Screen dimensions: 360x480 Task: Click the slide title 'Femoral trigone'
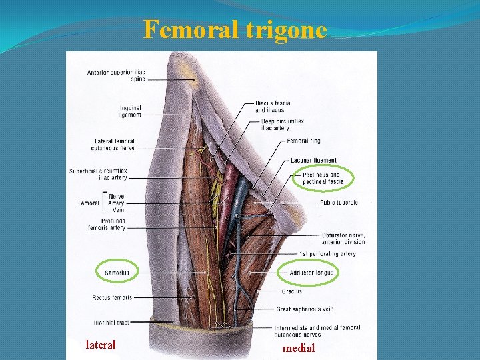(x=235, y=30)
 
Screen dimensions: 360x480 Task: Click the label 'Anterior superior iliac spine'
(x=116, y=75)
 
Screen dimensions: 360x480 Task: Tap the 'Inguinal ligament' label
(x=130, y=111)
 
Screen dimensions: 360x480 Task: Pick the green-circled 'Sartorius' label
(x=118, y=272)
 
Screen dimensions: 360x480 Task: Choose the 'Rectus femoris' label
(x=112, y=297)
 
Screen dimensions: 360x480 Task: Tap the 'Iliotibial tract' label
(x=111, y=323)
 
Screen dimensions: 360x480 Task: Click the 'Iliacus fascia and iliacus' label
(x=273, y=107)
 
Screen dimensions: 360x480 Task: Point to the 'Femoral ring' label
(x=303, y=141)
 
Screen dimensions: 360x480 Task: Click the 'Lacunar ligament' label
(x=313, y=161)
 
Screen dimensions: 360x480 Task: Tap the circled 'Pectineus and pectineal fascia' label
(x=323, y=178)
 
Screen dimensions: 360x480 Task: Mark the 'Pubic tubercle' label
(x=339, y=202)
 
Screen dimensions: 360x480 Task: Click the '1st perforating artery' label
(x=327, y=254)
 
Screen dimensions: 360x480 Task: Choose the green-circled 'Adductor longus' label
(x=311, y=272)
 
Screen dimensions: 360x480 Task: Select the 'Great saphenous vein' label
(x=305, y=309)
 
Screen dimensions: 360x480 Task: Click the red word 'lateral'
(x=101, y=345)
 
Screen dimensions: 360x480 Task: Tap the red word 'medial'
(x=299, y=348)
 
